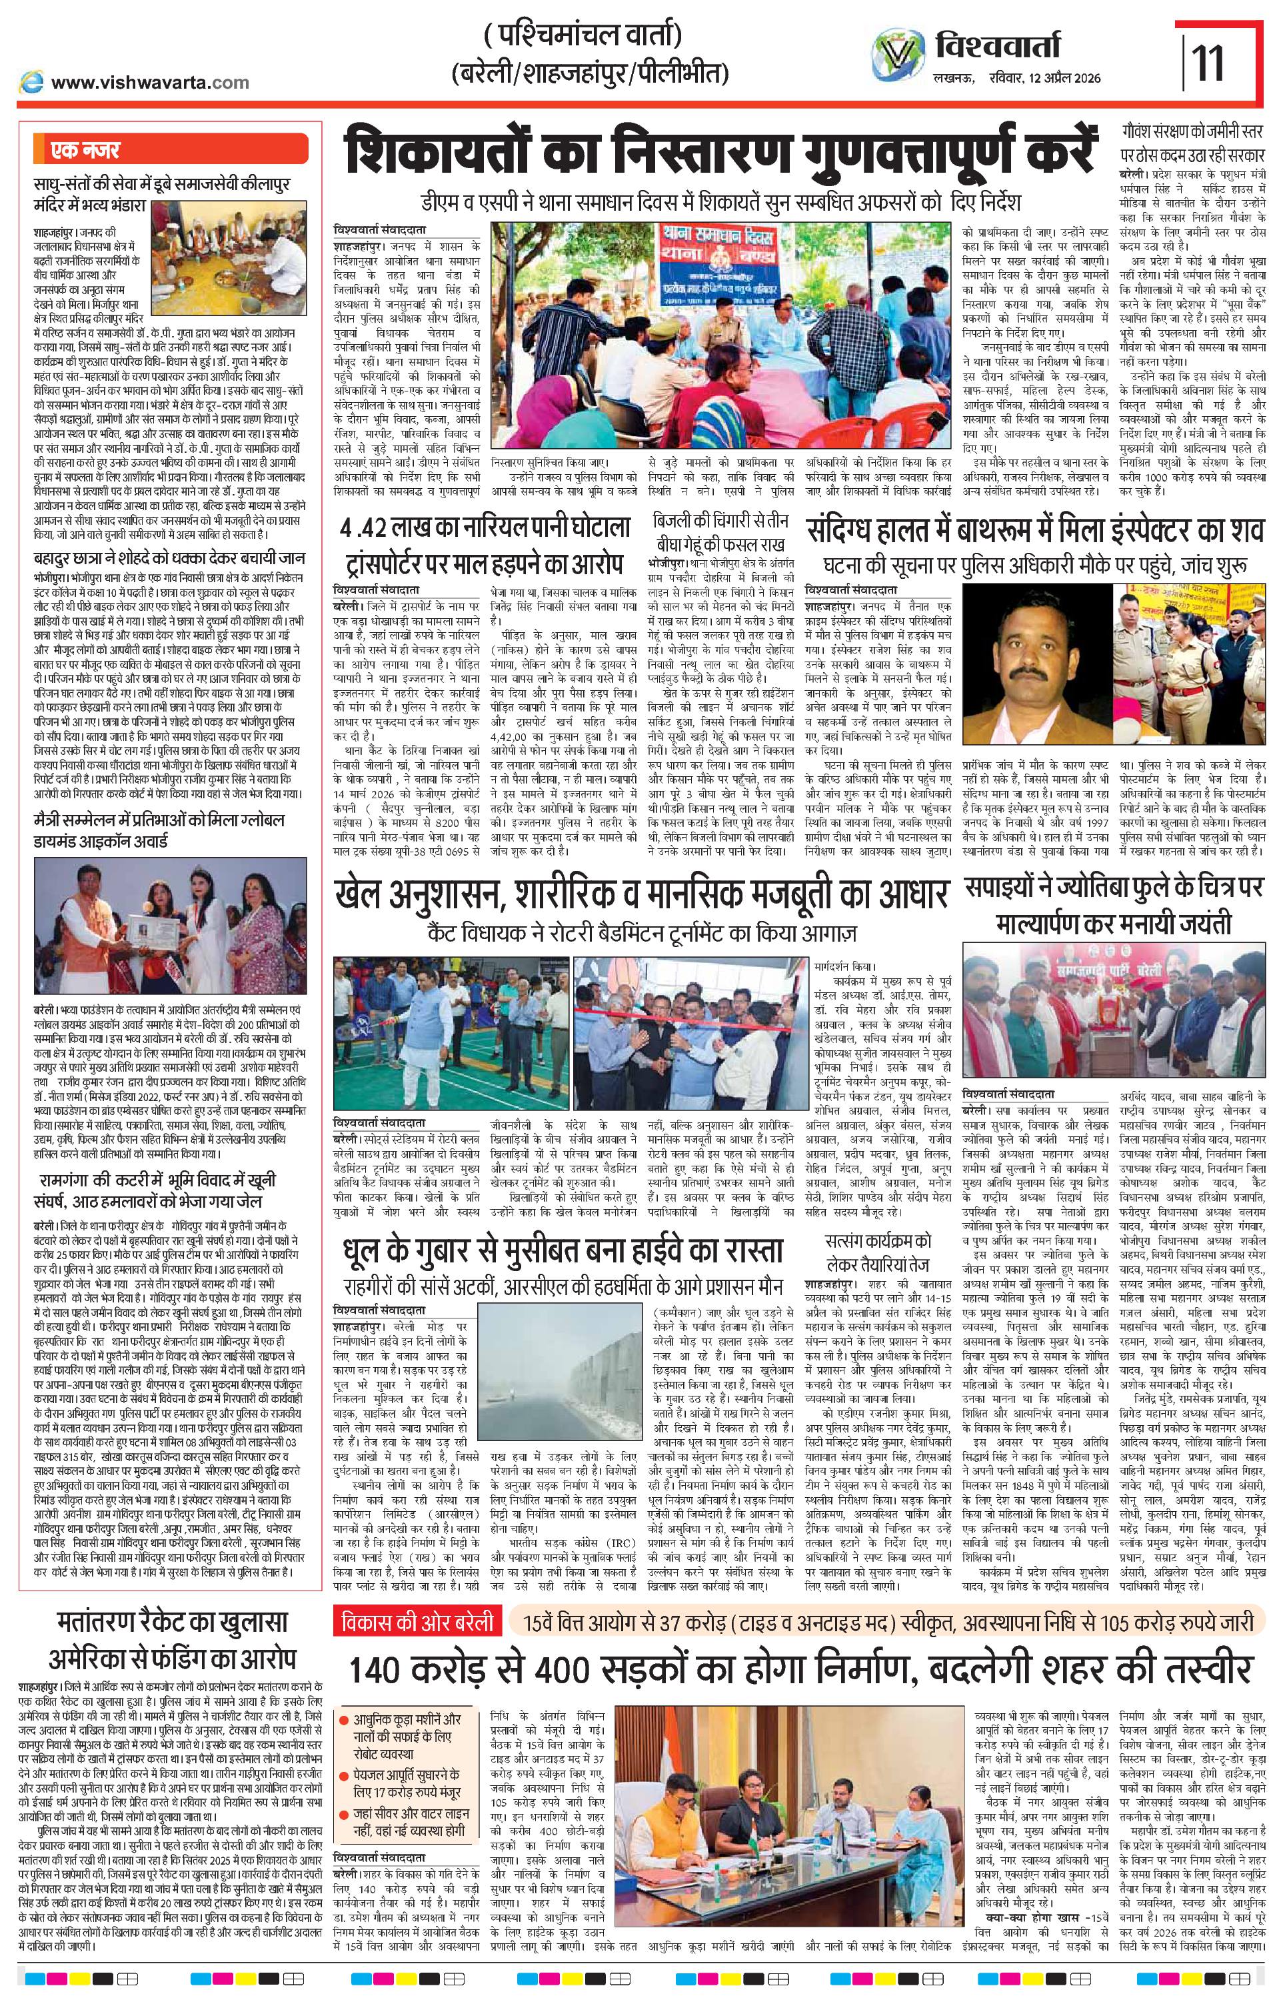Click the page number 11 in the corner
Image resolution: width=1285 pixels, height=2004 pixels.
tap(1208, 63)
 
